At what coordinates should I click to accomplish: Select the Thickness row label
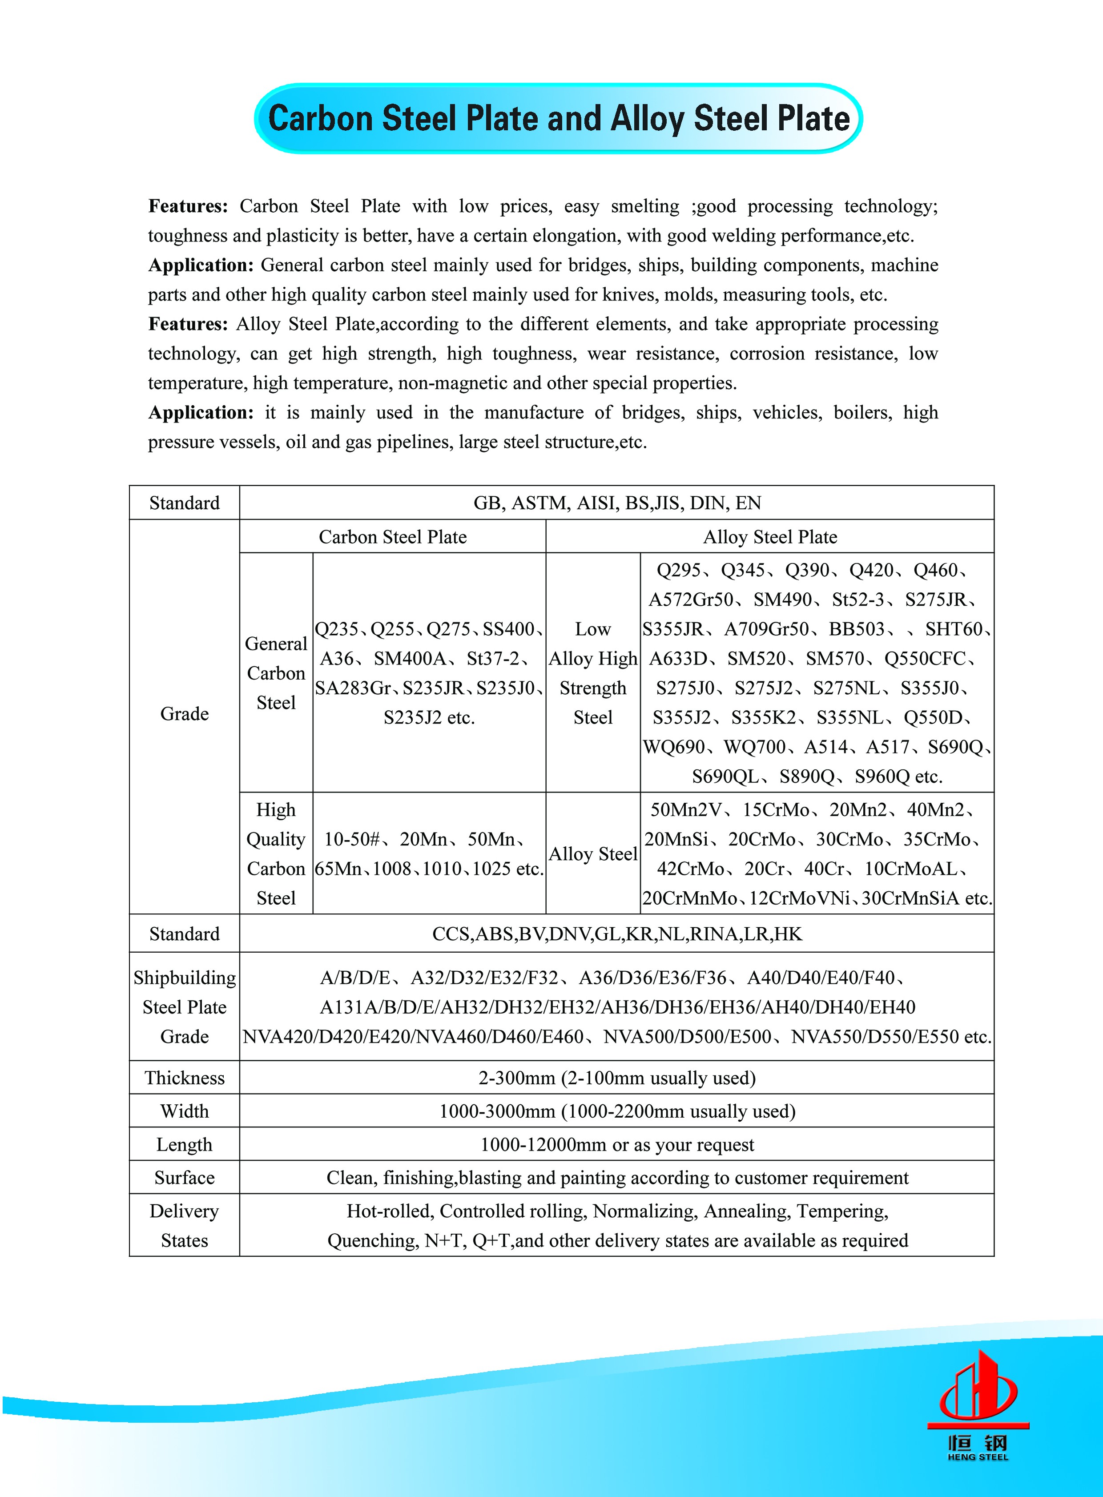click(184, 1078)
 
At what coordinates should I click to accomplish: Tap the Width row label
click(184, 1111)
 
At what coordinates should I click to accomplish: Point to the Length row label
click(184, 1144)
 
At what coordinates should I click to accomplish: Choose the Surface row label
click(184, 1178)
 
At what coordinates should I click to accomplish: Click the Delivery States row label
click(184, 1226)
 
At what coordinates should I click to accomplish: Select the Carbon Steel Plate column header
click(393, 537)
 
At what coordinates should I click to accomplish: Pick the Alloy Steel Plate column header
click(770, 537)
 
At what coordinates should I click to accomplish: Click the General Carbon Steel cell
click(276, 673)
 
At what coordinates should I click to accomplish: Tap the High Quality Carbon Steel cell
click(276, 853)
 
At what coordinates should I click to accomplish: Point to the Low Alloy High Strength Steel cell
click(593, 673)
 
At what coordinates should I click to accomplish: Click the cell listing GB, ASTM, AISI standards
click(617, 503)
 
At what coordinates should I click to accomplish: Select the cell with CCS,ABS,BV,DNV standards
click(617, 934)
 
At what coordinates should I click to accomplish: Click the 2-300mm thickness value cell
click(617, 1078)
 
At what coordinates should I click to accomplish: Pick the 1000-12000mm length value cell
click(617, 1144)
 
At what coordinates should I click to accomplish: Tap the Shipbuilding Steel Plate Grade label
click(184, 1007)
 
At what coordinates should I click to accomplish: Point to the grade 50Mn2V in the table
click(686, 810)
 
